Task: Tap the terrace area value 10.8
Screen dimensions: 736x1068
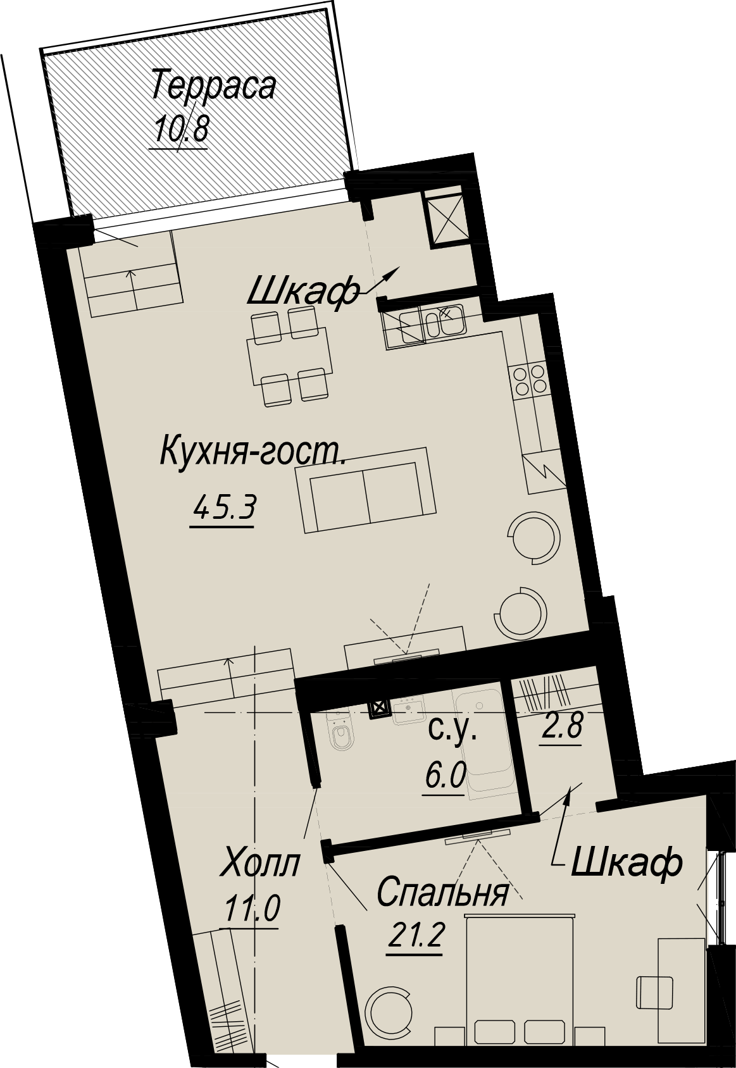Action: point(181,127)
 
